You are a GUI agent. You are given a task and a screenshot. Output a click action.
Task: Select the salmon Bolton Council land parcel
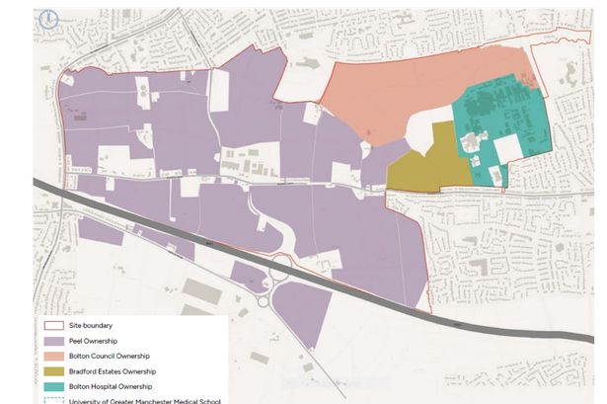pos(395,99)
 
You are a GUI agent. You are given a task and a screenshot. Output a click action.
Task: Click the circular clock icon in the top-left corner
pos(46,19)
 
